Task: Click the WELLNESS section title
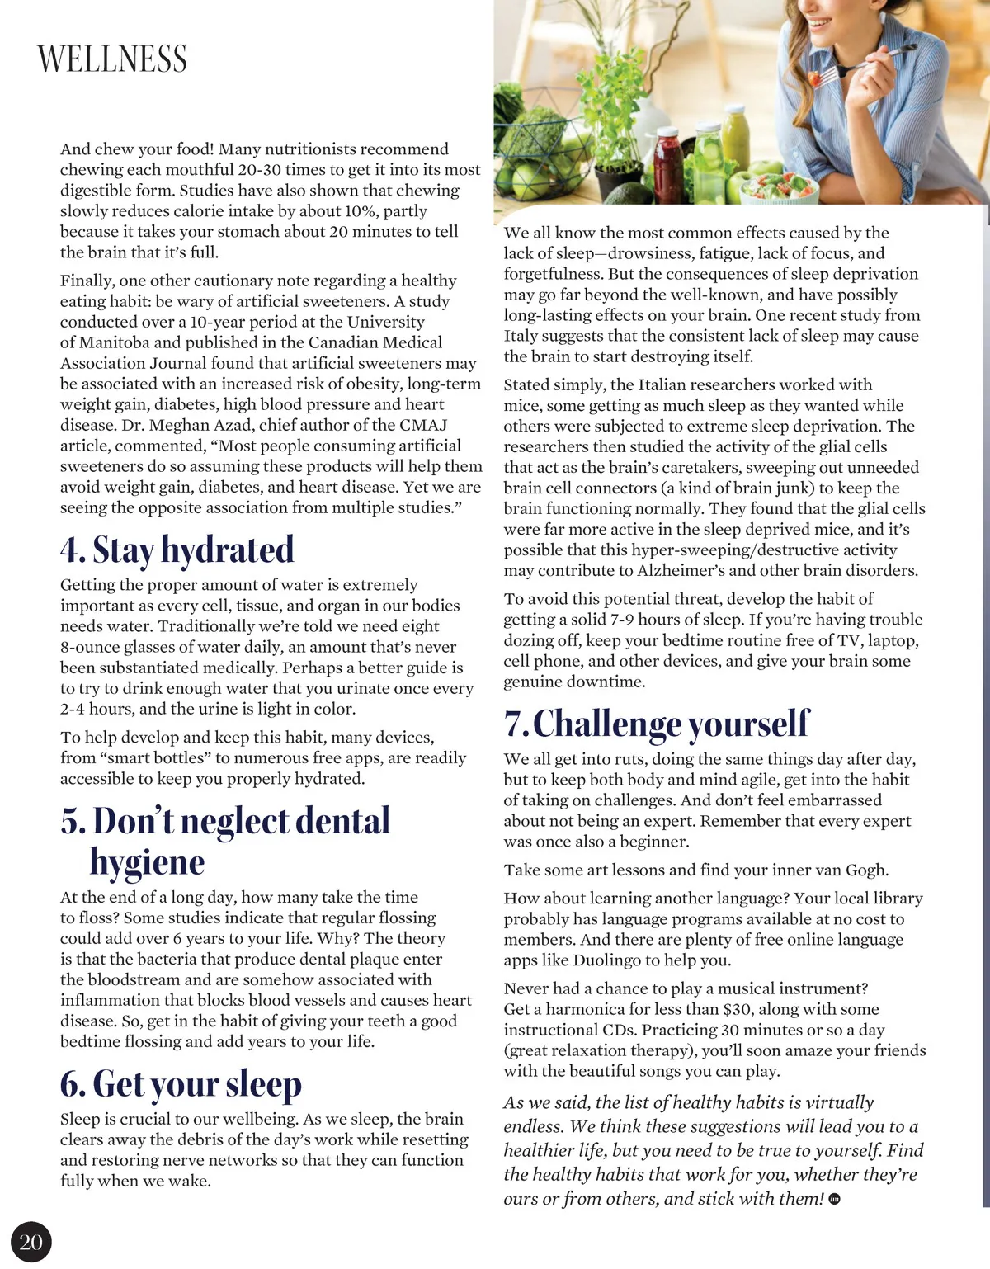tap(112, 59)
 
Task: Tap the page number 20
tap(31, 1242)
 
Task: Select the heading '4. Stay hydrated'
tap(177, 550)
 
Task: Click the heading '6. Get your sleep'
tap(181, 1084)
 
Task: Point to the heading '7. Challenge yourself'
tap(657, 724)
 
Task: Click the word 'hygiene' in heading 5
tap(147, 862)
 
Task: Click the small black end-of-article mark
tap(834, 1199)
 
